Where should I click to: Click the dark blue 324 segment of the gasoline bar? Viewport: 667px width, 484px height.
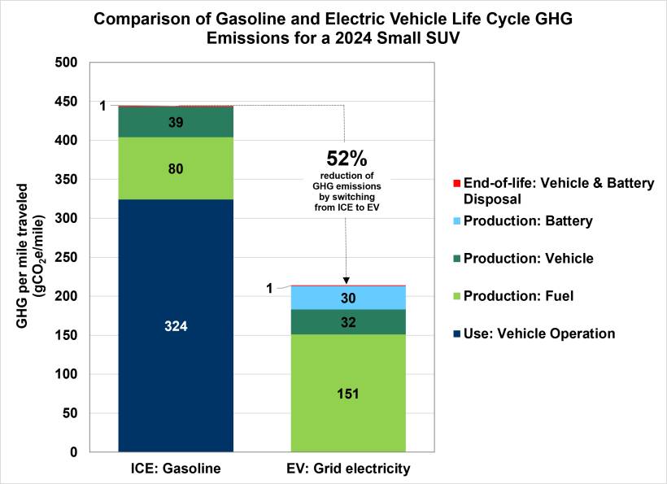point(176,325)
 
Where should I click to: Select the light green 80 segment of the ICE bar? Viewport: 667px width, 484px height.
point(176,168)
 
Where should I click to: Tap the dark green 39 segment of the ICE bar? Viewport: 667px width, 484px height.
point(176,122)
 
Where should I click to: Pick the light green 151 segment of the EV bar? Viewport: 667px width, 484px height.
point(348,393)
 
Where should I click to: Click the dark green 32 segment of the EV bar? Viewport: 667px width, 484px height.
point(348,321)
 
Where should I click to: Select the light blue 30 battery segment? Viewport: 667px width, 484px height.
point(348,298)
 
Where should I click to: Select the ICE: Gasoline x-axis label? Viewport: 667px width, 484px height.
point(176,469)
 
